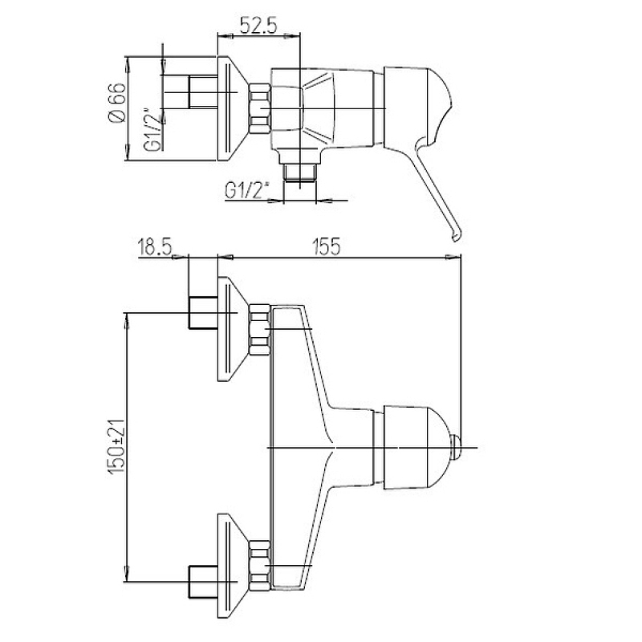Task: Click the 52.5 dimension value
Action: (258, 26)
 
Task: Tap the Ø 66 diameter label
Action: (116, 103)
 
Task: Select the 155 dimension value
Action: (327, 247)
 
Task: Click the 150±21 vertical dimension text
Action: (116, 447)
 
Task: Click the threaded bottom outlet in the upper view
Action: (299, 172)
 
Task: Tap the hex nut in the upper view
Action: (259, 109)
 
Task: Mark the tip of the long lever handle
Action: (456, 238)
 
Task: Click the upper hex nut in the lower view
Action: (259, 330)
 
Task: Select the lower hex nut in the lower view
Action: (259, 566)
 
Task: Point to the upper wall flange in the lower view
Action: (233, 329)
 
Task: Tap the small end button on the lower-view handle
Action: (456, 447)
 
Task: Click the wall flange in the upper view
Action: (233, 108)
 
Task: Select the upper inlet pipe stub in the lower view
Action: (203, 313)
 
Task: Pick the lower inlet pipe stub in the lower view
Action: (203, 582)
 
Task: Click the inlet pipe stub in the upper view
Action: (203, 91)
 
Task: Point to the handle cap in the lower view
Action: (416, 448)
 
